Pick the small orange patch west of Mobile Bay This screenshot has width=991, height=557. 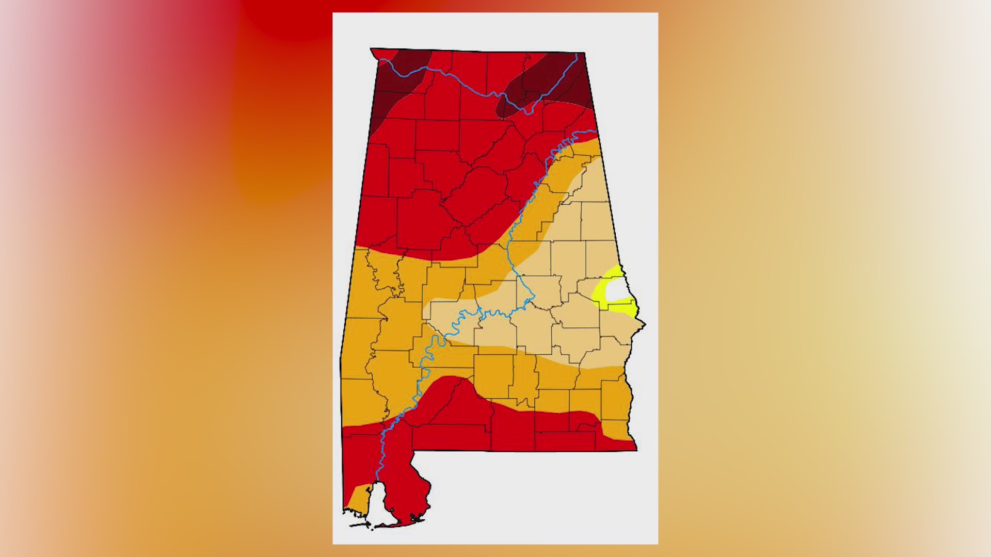click(x=358, y=498)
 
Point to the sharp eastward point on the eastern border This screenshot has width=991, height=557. click(x=645, y=324)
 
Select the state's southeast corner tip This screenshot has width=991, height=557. click(x=636, y=450)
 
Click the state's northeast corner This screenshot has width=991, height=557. click(x=584, y=53)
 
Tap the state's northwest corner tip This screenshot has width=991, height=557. click(x=371, y=49)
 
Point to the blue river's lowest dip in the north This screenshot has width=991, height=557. click(x=526, y=112)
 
